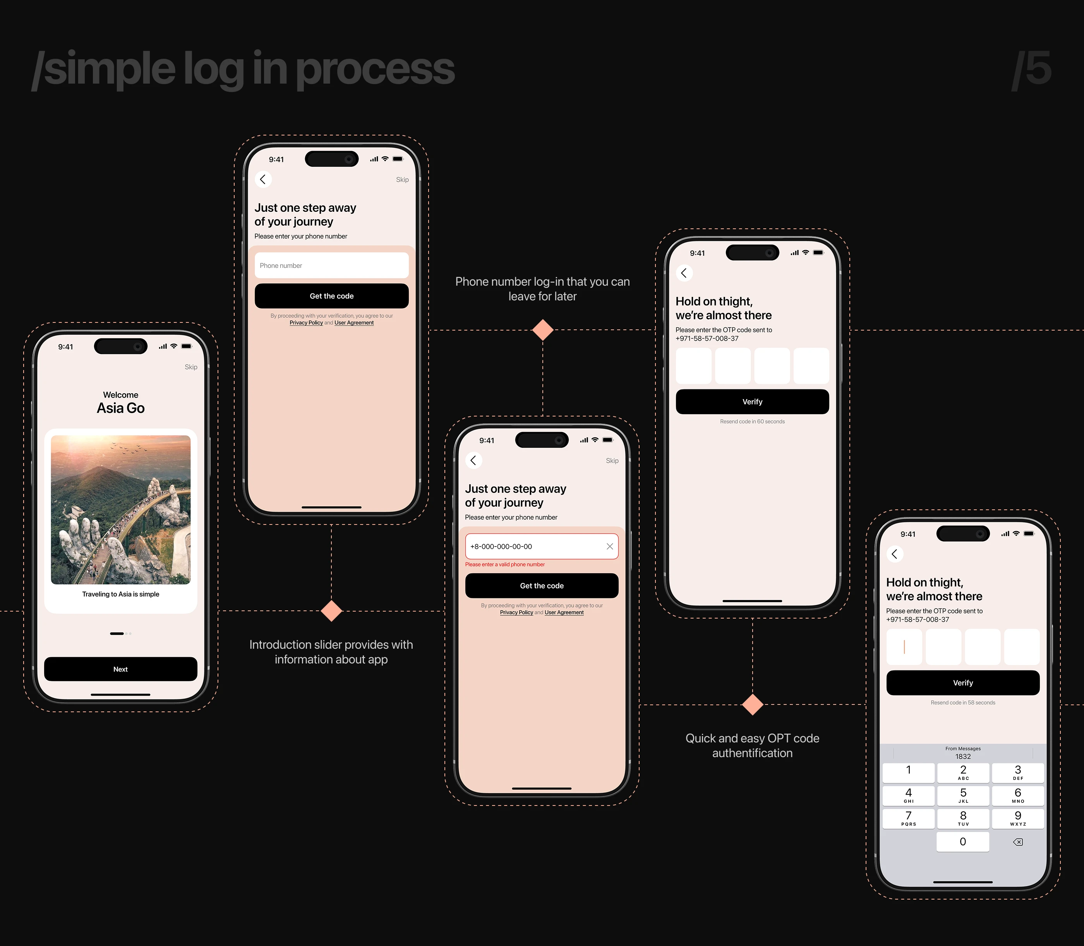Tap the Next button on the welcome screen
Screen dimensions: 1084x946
click(120, 669)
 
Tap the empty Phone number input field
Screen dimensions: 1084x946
click(332, 266)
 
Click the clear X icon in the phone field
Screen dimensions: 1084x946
click(610, 547)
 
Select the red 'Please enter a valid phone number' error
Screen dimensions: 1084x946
click(505, 564)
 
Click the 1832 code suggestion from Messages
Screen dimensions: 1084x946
click(963, 756)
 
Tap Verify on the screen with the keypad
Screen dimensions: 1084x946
click(963, 682)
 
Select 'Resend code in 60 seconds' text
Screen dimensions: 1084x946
click(752, 421)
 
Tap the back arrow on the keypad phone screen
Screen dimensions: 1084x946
click(894, 554)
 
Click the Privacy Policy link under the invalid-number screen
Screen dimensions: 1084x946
click(516, 612)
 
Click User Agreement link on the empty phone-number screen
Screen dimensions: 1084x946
click(354, 322)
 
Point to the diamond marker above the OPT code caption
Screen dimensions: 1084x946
click(752, 704)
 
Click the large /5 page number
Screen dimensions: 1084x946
click(1031, 69)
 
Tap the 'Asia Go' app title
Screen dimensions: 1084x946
click(120, 408)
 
